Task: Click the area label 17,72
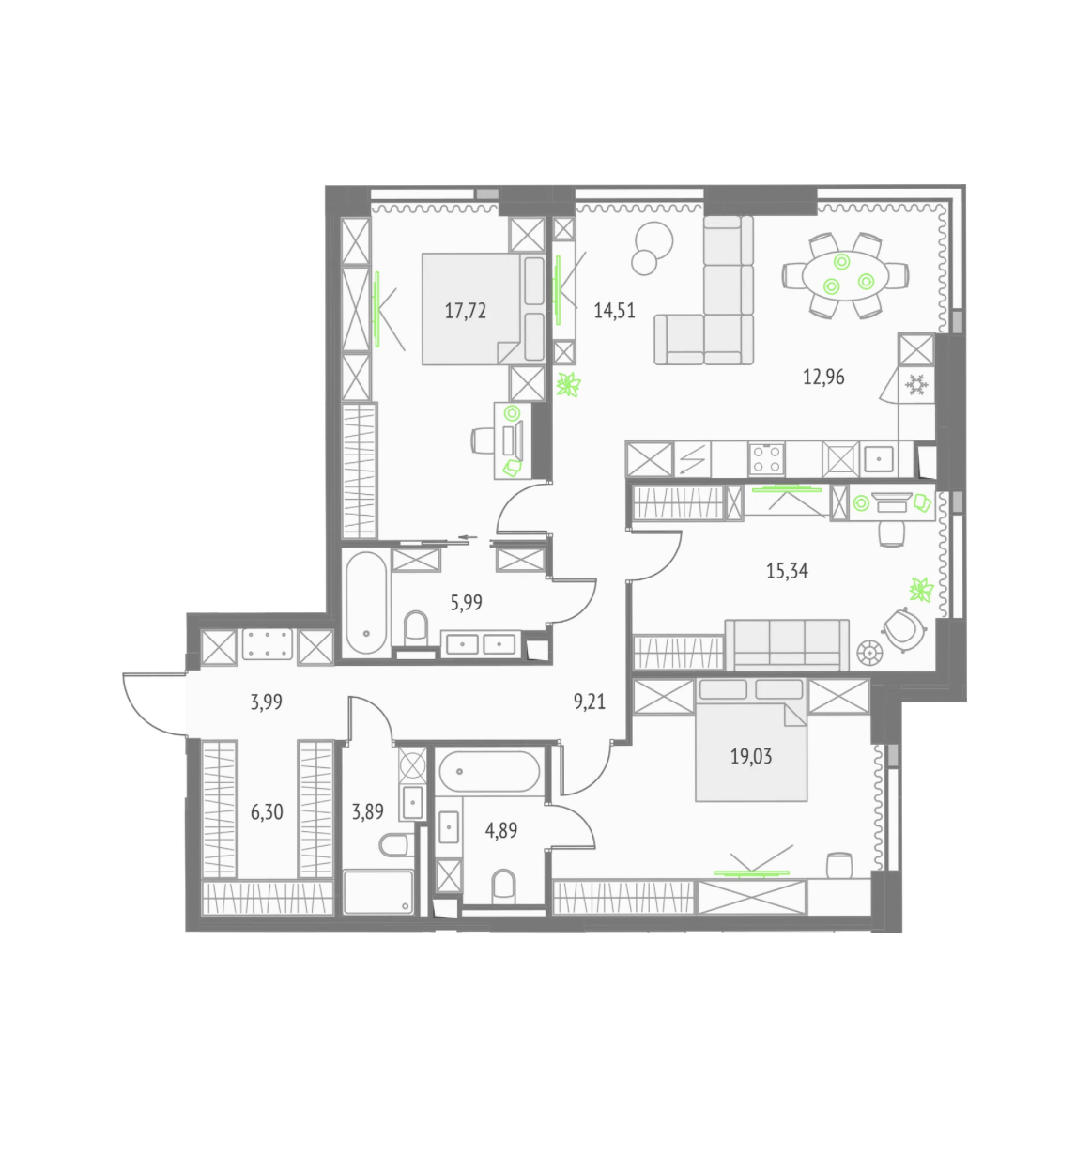pyautogui.click(x=465, y=311)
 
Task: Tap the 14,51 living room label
pyautogui.click(x=614, y=311)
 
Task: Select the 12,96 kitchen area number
pyautogui.click(x=823, y=377)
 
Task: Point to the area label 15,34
pyautogui.click(x=787, y=571)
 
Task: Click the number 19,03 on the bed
pyautogui.click(x=751, y=756)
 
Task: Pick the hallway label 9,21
pyautogui.click(x=590, y=702)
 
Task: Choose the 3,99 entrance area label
pyautogui.click(x=267, y=702)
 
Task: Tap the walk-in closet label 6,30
pyautogui.click(x=267, y=811)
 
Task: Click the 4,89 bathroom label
pyautogui.click(x=501, y=830)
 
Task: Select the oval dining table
pyautogui.click(x=845, y=276)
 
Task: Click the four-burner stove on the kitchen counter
pyautogui.click(x=766, y=459)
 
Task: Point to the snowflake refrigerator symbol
pyautogui.click(x=915, y=384)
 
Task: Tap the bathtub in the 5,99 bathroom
pyautogui.click(x=366, y=602)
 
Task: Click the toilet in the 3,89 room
pyautogui.click(x=395, y=844)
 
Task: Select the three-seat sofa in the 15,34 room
pyautogui.click(x=787, y=645)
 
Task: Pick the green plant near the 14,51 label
pyautogui.click(x=568, y=384)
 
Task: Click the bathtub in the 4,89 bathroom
pyautogui.click(x=489, y=772)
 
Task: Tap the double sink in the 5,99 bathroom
pyautogui.click(x=481, y=644)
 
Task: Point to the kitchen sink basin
pyautogui.click(x=878, y=459)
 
